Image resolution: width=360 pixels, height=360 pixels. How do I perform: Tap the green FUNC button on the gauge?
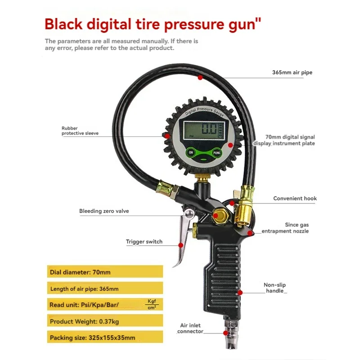[x=217, y=153]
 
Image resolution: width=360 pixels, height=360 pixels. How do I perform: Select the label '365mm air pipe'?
[x=292, y=72]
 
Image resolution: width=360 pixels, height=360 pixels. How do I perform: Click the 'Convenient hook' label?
[x=295, y=198]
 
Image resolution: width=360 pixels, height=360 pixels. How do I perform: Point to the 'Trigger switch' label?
[x=144, y=242]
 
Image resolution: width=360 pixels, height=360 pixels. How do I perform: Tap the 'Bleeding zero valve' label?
[x=104, y=211]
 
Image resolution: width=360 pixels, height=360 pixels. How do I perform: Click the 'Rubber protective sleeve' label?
[x=80, y=130]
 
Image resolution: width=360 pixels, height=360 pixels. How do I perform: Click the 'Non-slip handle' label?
[x=274, y=288]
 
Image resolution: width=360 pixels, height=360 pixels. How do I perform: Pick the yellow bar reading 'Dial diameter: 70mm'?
[x=104, y=272]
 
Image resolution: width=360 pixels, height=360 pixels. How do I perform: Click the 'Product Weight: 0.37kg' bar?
[x=104, y=321]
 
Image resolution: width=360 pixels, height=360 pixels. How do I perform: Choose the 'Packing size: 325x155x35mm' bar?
[x=104, y=337]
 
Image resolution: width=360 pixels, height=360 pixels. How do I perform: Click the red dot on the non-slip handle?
[x=240, y=292]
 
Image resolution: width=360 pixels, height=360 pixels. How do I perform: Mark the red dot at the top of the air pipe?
[x=200, y=77]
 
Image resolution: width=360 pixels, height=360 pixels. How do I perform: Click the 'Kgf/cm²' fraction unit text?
[x=151, y=304]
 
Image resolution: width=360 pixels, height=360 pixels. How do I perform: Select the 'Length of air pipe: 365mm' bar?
[x=104, y=288]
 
